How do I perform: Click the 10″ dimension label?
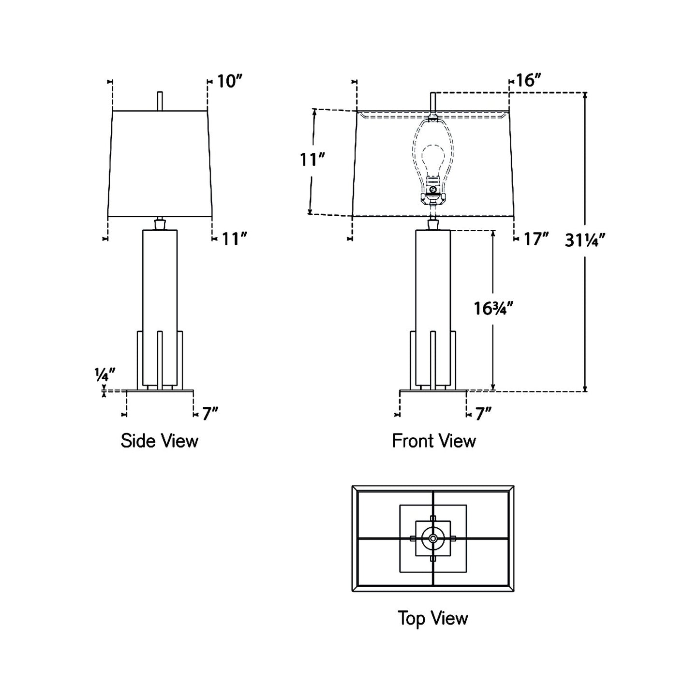228,81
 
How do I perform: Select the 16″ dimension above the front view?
528,80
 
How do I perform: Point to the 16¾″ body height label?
493,308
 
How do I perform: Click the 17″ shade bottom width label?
537,238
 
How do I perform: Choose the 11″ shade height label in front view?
312,159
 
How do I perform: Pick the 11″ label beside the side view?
235,238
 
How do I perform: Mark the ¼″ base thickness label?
105,374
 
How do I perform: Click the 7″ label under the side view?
210,414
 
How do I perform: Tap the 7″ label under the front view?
483,414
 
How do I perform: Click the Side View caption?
159,441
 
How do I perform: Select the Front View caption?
433,441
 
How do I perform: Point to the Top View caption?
433,618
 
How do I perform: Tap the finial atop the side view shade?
160,101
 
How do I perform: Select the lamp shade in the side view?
160,164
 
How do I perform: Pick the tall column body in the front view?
433,281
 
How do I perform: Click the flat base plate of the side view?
160,391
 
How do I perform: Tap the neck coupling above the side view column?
160,224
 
